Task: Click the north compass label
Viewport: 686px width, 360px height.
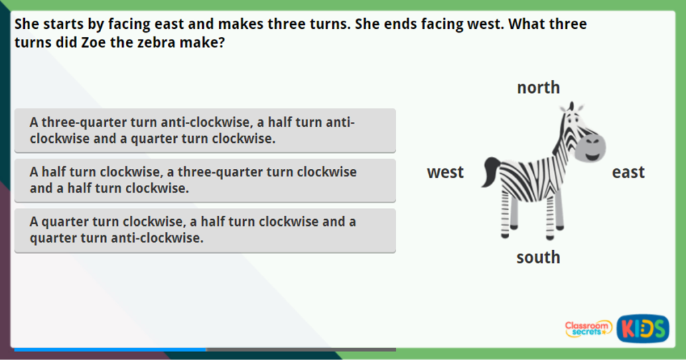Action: tap(538, 88)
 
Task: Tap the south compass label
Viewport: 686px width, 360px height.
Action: tap(538, 257)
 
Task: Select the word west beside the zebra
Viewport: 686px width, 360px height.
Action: tap(445, 172)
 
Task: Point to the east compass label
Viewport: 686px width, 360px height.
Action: tap(628, 172)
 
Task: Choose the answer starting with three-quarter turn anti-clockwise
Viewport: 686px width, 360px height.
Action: tap(204, 131)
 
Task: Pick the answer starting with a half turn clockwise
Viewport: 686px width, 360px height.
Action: tap(204, 180)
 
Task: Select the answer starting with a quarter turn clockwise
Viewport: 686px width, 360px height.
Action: tap(204, 230)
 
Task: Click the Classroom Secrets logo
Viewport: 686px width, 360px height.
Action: tap(588, 328)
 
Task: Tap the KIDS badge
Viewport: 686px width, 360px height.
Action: tap(642, 328)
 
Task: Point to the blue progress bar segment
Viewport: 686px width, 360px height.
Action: tap(110, 349)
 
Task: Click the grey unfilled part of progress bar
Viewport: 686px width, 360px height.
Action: tap(301, 349)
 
